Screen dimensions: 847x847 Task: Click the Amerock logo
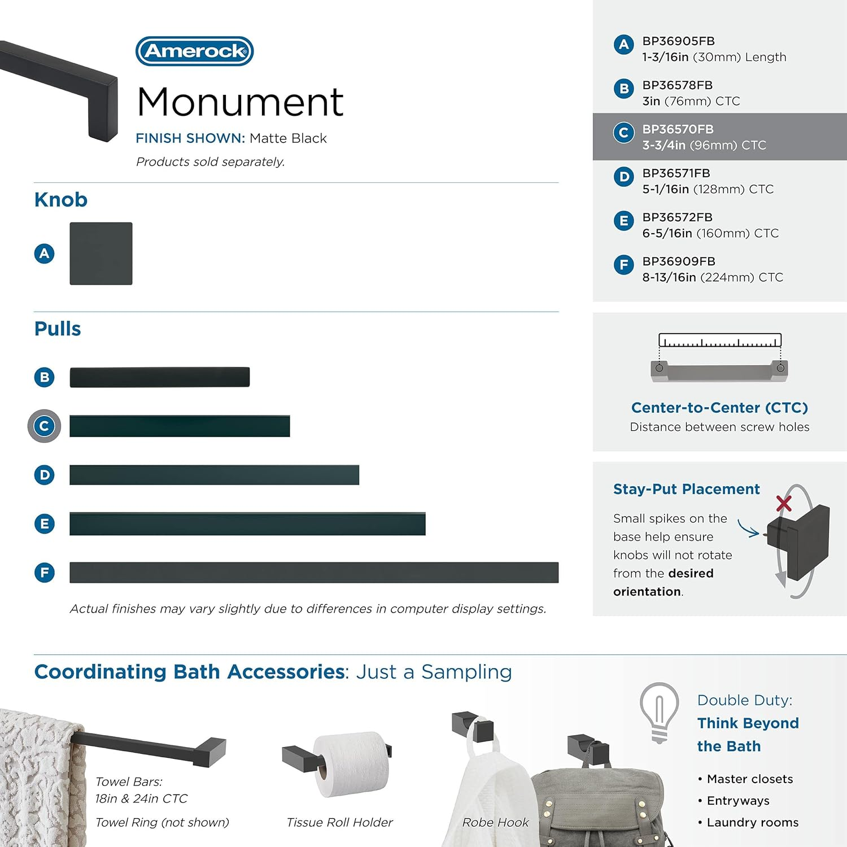(x=195, y=51)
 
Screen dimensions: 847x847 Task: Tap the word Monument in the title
(x=240, y=102)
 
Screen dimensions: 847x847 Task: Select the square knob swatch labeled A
(x=101, y=254)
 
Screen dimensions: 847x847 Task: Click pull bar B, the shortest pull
(x=159, y=377)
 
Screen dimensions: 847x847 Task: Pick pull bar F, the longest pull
(x=314, y=573)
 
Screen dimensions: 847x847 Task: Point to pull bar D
(x=214, y=475)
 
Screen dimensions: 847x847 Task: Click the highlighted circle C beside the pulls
(x=44, y=426)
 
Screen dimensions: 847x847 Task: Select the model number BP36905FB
(x=678, y=41)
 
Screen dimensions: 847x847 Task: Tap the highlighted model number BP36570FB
(x=678, y=129)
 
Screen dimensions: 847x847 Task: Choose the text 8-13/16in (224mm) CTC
(x=713, y=277)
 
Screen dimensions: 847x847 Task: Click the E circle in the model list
(x=623, y=221)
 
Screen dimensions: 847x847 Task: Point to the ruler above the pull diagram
(x=720, y=340)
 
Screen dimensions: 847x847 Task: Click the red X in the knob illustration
(x=784, y=503)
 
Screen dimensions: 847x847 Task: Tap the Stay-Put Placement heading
(x=686, y=489)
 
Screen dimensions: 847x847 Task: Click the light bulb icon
(x=659, y=712)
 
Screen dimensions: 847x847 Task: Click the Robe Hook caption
(x=495, y=822)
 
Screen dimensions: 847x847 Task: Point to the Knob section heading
(x=61, y=200)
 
